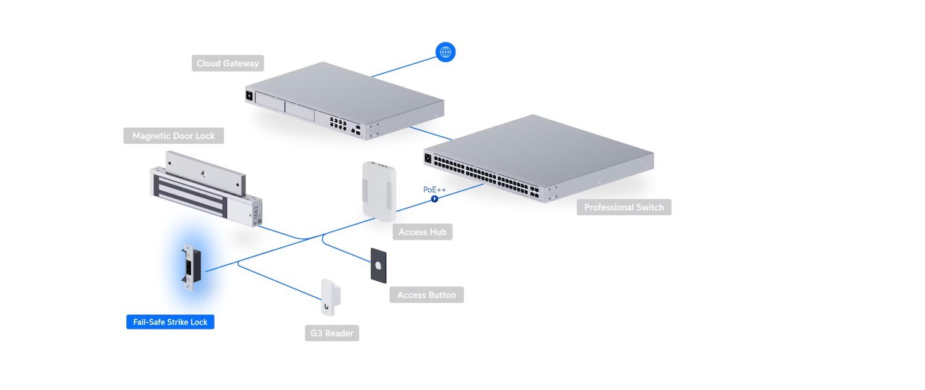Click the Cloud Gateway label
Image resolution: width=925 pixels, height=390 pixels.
click(228, 63)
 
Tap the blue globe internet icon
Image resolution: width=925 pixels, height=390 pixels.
click(445, 52)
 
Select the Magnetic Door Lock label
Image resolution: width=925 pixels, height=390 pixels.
click(173, 136)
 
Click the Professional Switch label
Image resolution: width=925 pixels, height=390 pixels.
click(623, 207)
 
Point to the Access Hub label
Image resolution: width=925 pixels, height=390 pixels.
click(422, 232)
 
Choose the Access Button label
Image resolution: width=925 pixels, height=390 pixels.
click(426, 295)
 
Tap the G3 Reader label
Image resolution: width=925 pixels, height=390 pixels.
click(332, 333)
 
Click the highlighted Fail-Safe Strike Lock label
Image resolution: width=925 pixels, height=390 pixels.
click(170, 322)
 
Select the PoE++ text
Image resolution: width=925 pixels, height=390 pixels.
click(434, 189)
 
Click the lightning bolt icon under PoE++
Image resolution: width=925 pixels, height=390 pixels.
click(435, 199)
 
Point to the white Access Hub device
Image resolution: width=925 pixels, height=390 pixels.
click(377, 190)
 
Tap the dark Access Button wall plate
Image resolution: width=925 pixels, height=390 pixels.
click(378, 265)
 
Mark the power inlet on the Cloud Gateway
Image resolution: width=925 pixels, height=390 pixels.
click(250, 96)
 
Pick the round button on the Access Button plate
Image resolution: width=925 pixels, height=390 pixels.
click(378, 265)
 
